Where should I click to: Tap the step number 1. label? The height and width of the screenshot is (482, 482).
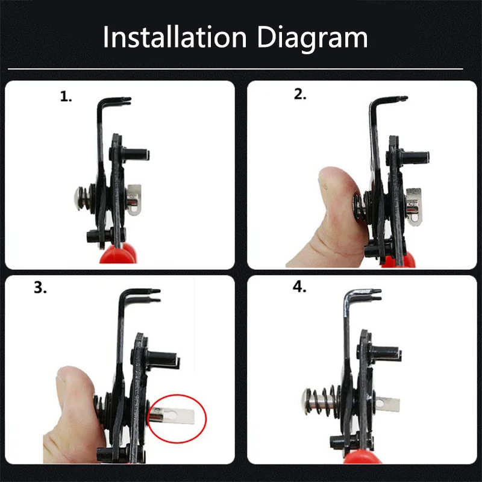[66, 97]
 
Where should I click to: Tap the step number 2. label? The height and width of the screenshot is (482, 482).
[299, 95]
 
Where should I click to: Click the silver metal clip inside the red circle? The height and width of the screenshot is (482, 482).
[175, 416]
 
